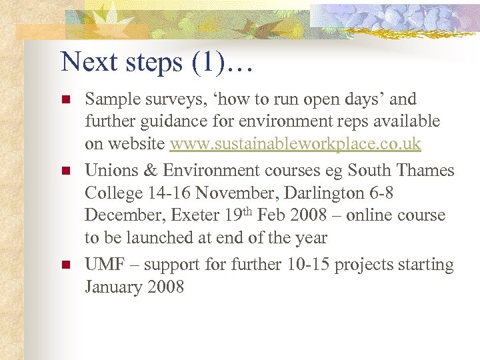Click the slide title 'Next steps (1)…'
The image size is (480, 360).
click(x=156, y=62)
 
